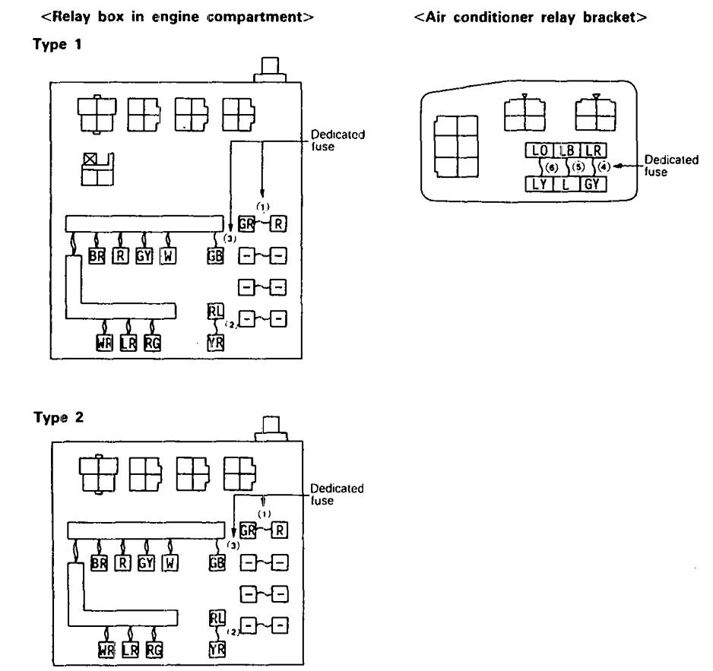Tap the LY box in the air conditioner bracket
(539, 183)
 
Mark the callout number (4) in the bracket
(604, 166)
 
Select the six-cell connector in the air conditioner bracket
(456, 147)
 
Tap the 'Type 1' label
(58, 45)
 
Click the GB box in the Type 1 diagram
(215, 256)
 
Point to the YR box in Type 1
(216, 342)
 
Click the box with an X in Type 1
(91, 160)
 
